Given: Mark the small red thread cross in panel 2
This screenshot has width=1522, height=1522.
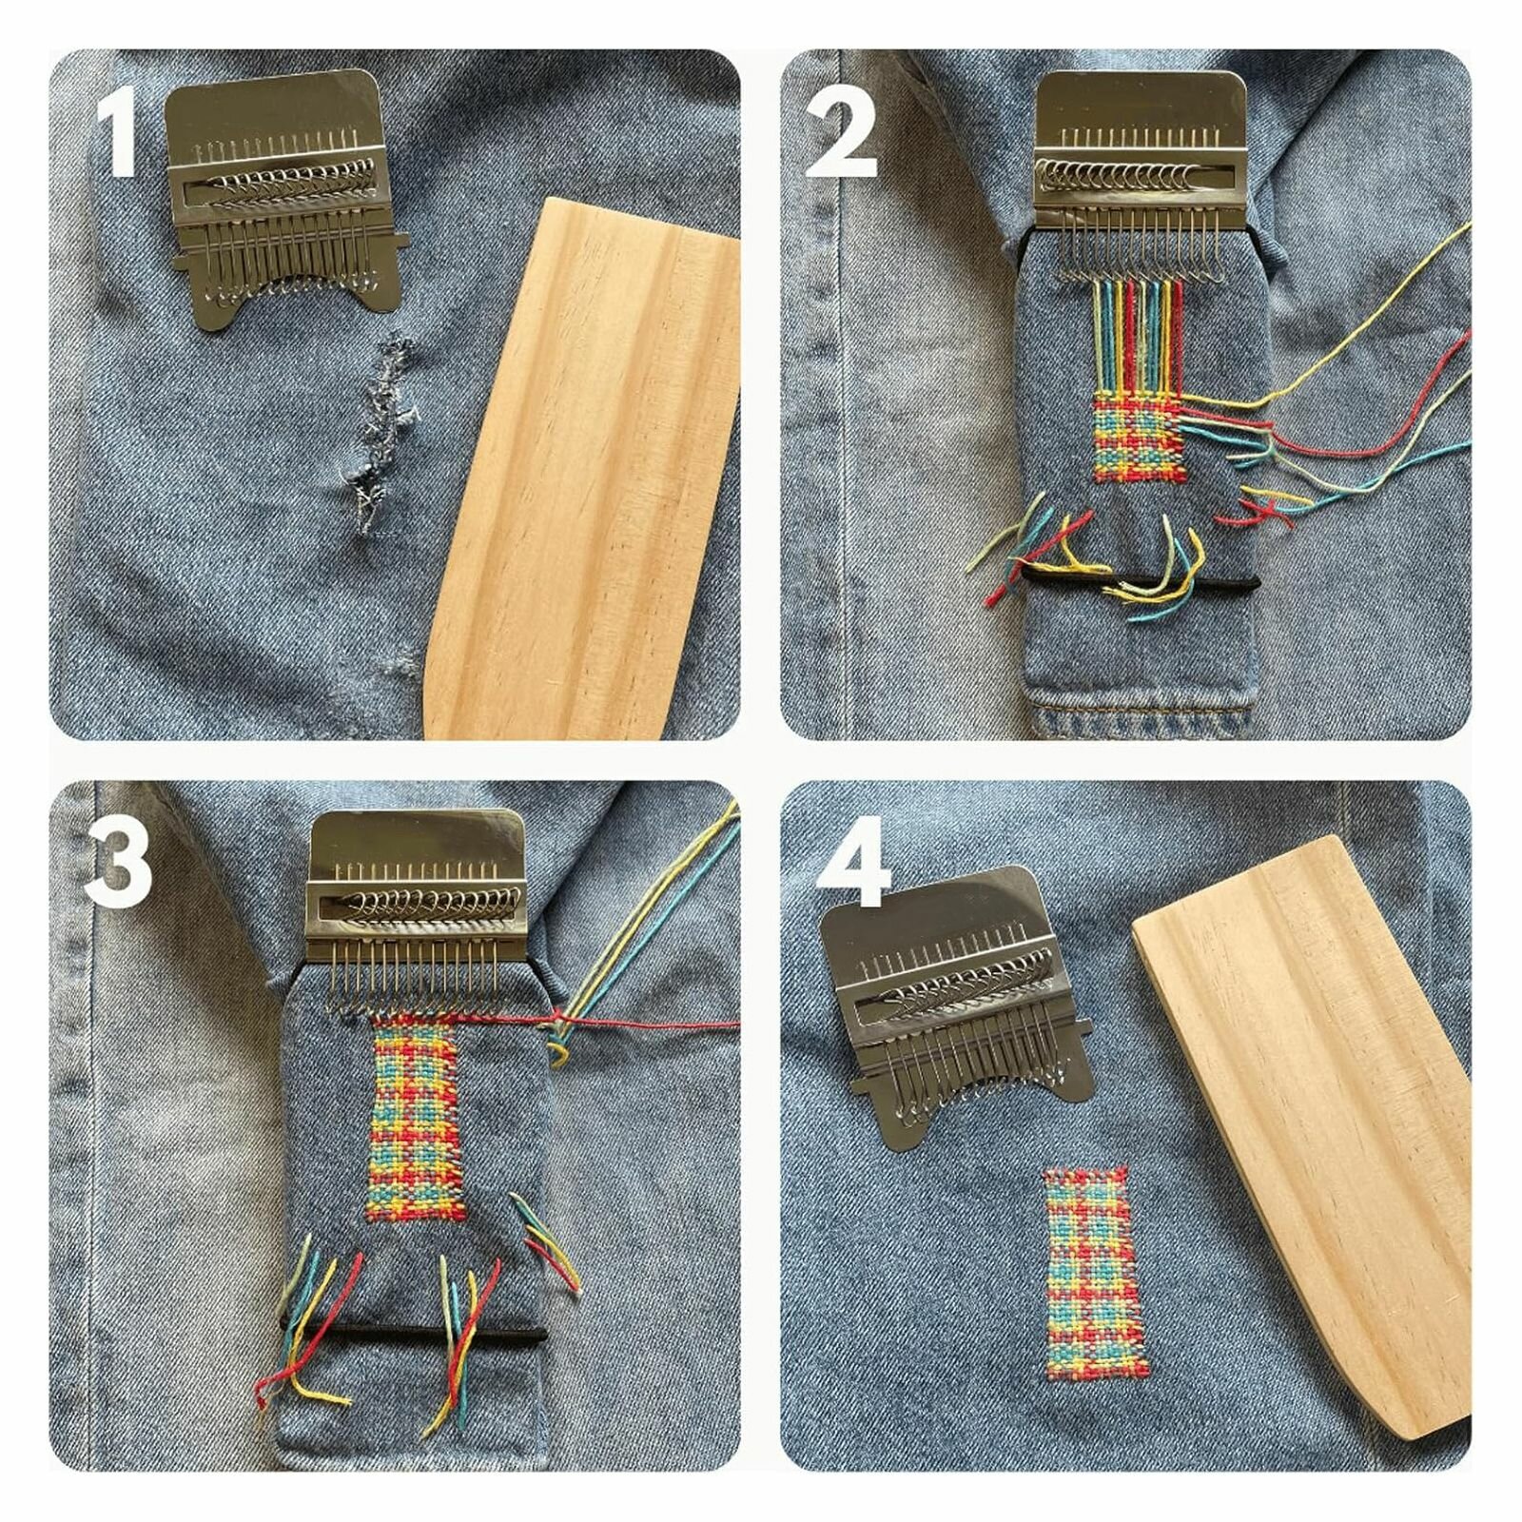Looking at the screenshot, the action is point(1265,514).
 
